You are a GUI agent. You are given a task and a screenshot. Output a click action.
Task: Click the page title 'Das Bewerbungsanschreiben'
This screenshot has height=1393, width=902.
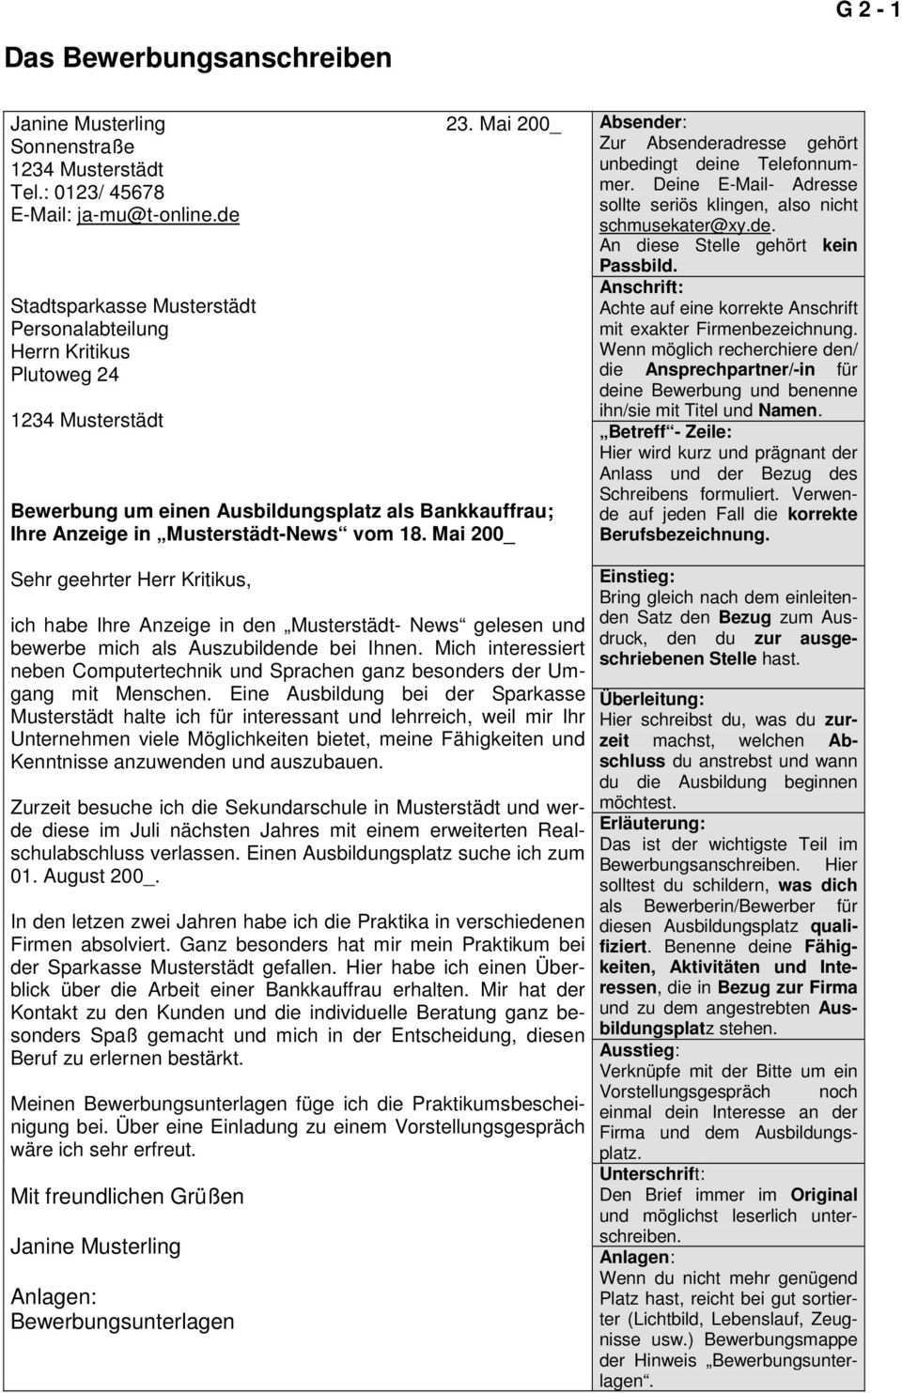pos(197,58)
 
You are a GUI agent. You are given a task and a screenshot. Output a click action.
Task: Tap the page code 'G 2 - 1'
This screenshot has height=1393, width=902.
pos(867,10)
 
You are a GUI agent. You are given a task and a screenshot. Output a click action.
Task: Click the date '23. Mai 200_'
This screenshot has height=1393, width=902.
pos(503,124)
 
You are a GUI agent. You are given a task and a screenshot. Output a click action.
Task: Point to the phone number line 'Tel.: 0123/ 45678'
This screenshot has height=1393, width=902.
pos(87,192)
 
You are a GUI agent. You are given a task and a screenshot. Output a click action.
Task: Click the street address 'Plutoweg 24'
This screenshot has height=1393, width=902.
pos(65,374)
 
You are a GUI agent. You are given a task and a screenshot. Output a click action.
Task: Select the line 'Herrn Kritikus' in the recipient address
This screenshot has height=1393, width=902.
pos(70,351)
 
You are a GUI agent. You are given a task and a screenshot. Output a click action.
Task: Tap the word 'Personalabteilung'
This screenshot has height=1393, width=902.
pos(89,329)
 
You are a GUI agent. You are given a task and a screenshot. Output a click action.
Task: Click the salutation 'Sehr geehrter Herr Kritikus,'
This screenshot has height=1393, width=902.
pos(131,580)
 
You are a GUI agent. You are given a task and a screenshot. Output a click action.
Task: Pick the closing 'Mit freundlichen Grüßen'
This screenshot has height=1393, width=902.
pos(127,1197)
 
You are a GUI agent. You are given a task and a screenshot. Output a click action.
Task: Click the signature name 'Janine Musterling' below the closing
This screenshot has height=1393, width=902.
pos(95,1246)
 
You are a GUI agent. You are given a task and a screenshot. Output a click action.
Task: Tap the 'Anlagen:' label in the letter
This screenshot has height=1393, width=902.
pos(54,1297)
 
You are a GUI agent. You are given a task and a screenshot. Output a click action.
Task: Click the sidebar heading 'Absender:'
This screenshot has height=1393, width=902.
pos(643,122)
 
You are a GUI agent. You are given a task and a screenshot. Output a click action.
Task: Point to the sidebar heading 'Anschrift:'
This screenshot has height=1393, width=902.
pos(641,287)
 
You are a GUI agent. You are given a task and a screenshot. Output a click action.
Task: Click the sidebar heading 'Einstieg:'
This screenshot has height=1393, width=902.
pos(636,577)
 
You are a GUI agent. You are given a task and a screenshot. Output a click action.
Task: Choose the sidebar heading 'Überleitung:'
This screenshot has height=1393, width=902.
pos(651,700)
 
